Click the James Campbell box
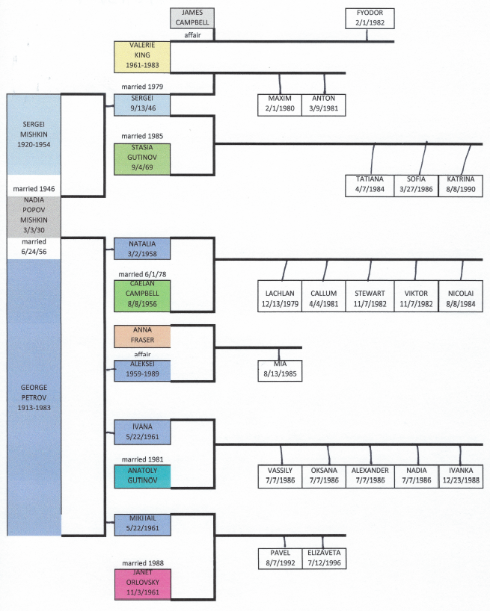(x=192, y=18)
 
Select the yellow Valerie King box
(x=142, y=57)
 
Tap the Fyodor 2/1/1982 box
(x=369, y=19)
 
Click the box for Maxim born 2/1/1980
(x=279, y=105)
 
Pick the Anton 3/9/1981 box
(x=323, y=105)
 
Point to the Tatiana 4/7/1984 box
(x=369, y=184)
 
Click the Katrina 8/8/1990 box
(x=461, y=184)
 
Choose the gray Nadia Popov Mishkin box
(x=33, y=217)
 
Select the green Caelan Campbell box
(x=142, y=296)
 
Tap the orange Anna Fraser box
(x=142, y=336)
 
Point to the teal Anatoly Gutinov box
(x=142, y=476)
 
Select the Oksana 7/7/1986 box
(x=323, y=475)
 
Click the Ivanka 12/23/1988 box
(x=461, y=475)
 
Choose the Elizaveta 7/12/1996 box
(x=323, y=558)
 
